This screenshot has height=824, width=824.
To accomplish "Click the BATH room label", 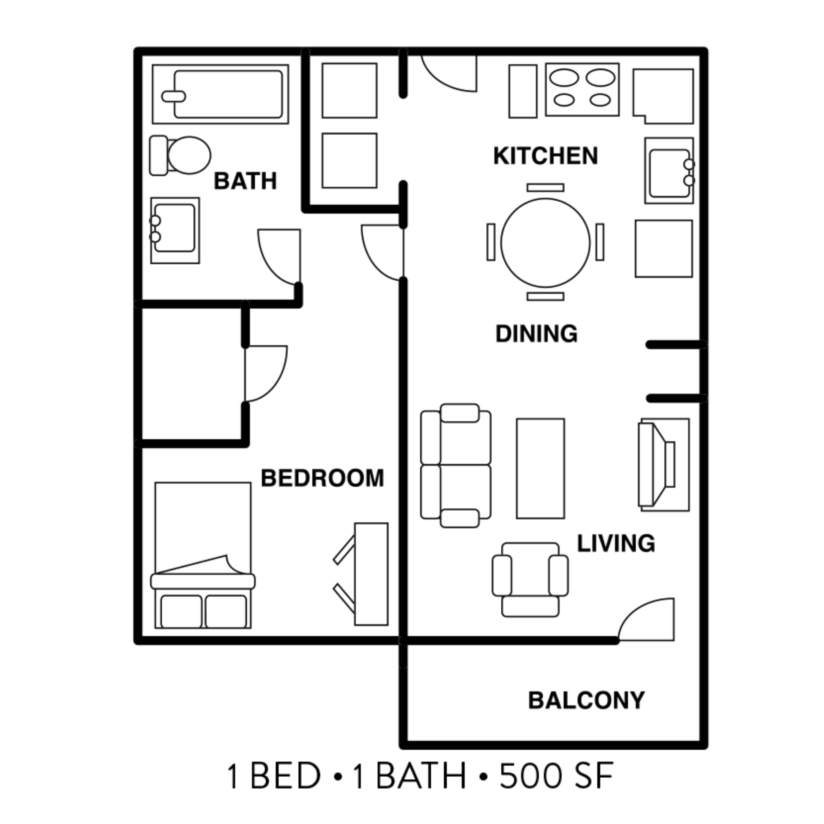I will click(245, 181).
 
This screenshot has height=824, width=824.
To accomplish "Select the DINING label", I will click(536, 333).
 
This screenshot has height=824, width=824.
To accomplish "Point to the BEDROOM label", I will click(322, 478).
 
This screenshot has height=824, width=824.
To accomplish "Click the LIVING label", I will click(616, 543).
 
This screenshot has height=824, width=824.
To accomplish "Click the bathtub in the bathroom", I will click(227, 94).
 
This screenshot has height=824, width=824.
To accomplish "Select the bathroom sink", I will click(175, 230).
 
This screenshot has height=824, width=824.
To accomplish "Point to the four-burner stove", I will click(582, 89).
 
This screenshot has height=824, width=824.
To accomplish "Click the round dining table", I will click(545, 242).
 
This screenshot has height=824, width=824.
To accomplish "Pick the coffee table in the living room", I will click(540, 468).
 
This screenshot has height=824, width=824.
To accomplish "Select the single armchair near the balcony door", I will click(530, 579).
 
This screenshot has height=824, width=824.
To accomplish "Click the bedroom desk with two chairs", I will click(371, 574).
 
